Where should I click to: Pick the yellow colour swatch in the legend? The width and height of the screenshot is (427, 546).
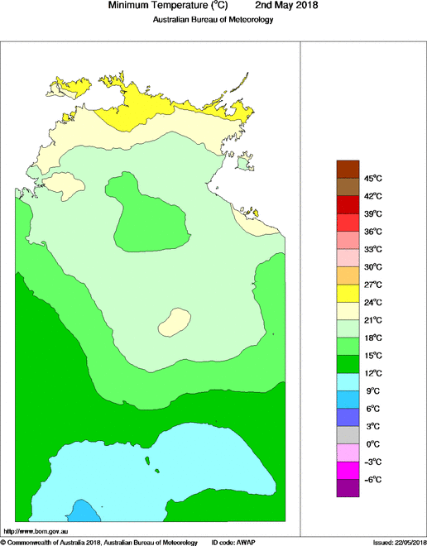[x=348, y=293]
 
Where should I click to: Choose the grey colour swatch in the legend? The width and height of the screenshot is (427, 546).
[x=348, y=435]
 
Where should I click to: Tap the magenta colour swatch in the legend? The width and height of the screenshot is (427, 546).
[x=348, y=471]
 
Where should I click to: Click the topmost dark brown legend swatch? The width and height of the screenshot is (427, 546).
[x=348, y=168]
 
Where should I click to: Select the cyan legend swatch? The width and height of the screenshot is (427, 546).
[x=348, y=382]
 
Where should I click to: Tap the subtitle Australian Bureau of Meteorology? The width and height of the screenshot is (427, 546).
[x=213, y=19]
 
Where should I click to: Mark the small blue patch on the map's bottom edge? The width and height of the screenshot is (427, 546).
[x=82, y=510]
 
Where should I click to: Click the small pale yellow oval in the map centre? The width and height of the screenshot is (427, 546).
[x=175, y=321]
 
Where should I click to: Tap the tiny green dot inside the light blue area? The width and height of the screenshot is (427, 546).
[x=146, y=461]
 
